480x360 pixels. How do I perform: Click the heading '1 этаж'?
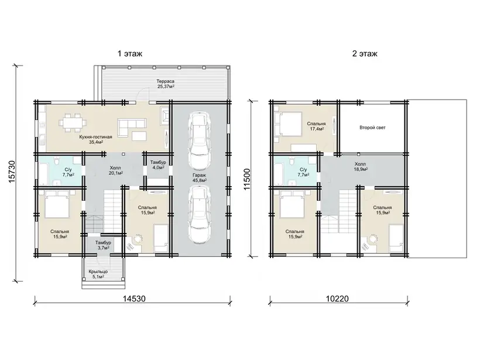130,54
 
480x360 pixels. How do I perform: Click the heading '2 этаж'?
365,54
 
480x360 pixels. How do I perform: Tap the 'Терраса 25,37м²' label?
166,84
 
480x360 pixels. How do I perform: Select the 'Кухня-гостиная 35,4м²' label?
95,139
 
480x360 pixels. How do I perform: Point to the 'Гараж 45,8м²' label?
199,178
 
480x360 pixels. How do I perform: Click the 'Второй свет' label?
372,128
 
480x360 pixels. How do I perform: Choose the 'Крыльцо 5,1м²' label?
98,274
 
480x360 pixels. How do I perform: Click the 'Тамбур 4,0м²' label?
158,165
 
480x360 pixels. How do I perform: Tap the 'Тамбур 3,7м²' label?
103,245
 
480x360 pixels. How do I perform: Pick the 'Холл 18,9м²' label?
361,166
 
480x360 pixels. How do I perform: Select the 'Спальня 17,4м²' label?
317,126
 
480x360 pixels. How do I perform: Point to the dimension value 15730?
11,172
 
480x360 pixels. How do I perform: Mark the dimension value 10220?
337,299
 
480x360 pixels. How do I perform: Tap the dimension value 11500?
247,179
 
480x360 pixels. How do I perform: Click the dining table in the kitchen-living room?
73,123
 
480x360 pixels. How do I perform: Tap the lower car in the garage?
200,215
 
